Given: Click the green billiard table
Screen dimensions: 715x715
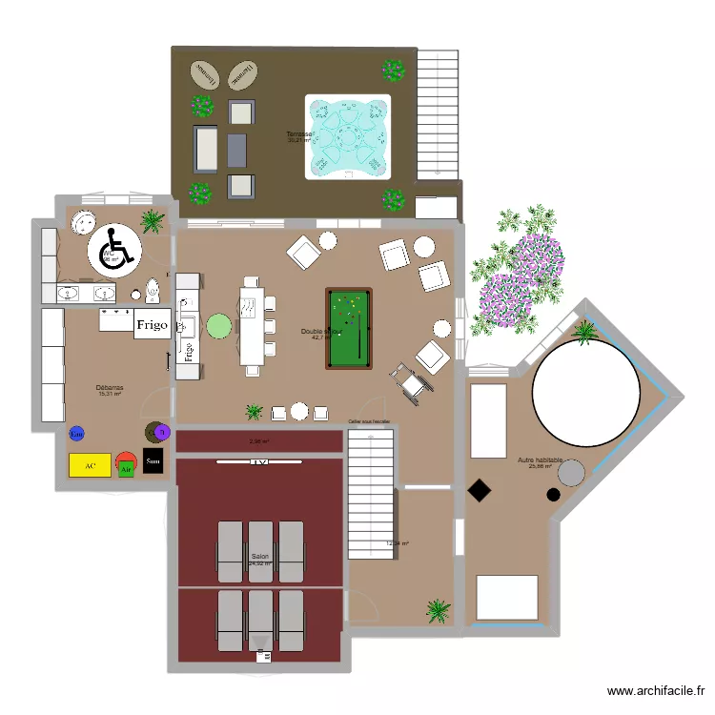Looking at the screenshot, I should [348, 328].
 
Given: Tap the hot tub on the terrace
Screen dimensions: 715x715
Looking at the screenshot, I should [348, 136].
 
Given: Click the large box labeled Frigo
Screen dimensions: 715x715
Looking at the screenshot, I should [152, 324].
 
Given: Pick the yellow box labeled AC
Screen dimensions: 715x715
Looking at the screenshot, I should [91, 465].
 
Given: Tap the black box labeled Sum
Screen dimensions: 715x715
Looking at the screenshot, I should [153, 461].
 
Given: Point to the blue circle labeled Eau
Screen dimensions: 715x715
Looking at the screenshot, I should [76, 435].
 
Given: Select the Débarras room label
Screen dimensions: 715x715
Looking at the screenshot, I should [110, 388].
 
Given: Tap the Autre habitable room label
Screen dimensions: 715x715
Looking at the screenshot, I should [540, 460].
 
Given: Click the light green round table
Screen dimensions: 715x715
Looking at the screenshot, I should [219, 327].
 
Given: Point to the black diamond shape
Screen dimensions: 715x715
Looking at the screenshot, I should [479, 491].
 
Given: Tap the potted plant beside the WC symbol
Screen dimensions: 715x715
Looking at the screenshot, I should [152, 222].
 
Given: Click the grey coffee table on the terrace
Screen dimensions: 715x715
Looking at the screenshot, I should [237, 148].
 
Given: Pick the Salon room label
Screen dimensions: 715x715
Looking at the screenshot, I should [259, 557].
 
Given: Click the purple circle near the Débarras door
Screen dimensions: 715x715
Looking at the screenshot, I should [162, 433].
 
